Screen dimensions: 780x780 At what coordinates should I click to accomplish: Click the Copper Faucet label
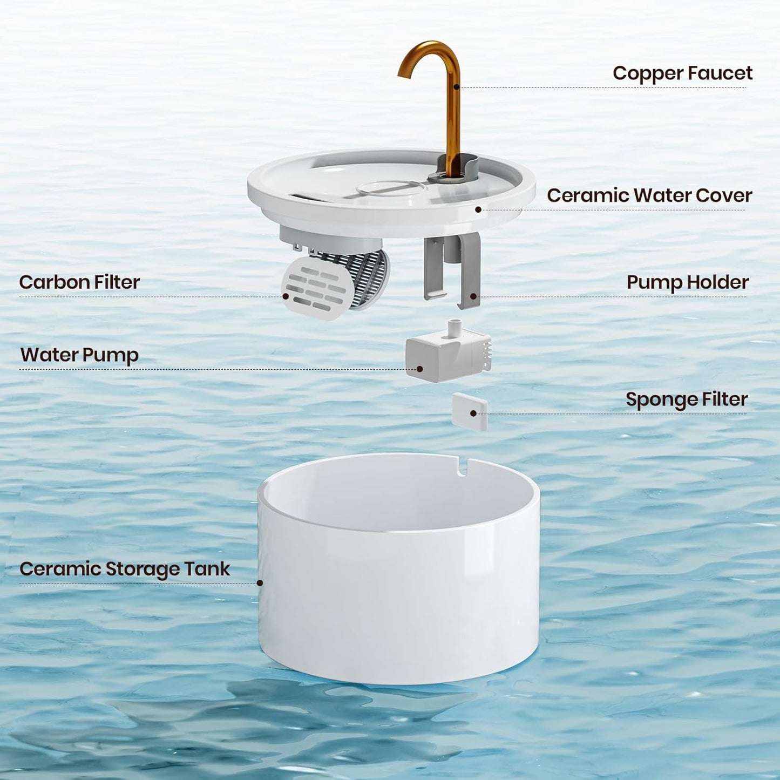pos(682,73)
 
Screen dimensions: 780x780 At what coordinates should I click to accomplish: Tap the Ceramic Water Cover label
pos(649,195)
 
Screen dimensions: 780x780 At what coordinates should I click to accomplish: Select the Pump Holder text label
pos(687,282)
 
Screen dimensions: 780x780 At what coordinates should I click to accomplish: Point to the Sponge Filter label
pos(686,399)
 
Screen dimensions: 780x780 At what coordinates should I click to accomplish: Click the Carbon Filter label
pos(79,282)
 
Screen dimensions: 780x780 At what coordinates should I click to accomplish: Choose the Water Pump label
pos(79,355)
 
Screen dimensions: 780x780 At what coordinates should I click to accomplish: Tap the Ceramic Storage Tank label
pos(125,569)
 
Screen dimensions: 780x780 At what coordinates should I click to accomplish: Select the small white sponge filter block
pos(469,411)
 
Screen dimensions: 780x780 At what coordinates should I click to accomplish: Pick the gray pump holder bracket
pos(452,270)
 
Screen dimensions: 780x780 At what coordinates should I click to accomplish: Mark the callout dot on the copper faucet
pos(457,86)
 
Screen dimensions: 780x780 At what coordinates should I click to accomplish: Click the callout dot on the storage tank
pos(260,583)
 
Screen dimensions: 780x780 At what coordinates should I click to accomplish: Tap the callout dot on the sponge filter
pos(473,413)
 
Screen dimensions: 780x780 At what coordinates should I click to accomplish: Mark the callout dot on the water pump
pos(420,369)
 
